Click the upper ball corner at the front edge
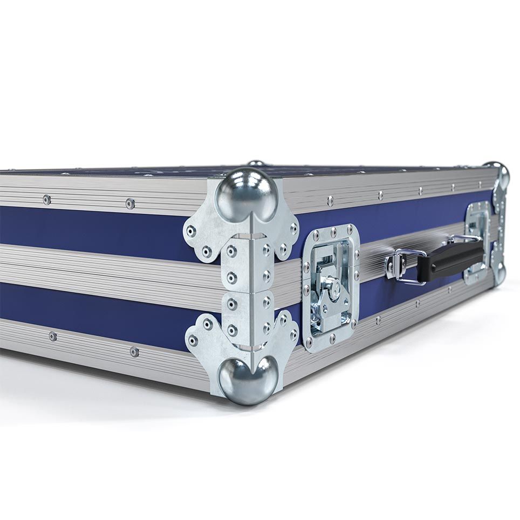[x=247, y=195]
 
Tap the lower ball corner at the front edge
[x=248, y=380]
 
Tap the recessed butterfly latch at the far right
[x=477, y=242]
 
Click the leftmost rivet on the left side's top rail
[x=47, y=200]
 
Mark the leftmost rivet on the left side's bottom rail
[x=53, y=336]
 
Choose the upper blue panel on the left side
[x=92, y=227]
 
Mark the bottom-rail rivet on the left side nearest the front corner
[x=134, y=352]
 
